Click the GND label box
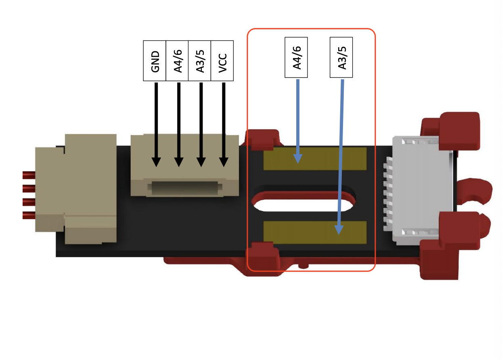pos(155,61)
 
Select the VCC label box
pos(222,61)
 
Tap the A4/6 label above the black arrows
pos(177,61)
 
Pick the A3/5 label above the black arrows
pos(200,61)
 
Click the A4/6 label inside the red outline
pos(296,57)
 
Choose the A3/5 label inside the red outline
pos(341,57)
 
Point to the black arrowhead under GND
pos(156,162)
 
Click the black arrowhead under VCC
pos(224,162)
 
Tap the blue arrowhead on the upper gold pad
pos(298,158)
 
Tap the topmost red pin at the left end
pos(28,175)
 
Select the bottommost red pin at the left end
pos(28,215)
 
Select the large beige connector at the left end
pos(77,189)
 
